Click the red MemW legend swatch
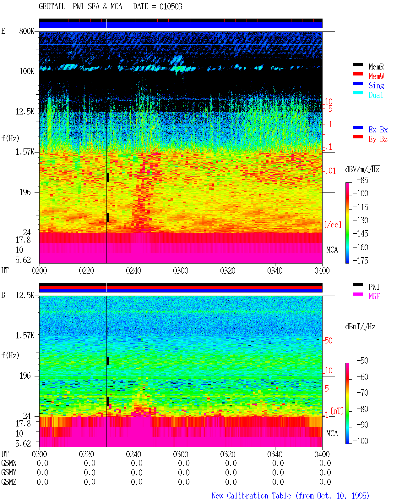(358, 74)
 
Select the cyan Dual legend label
(376, 95)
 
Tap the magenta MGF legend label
(374, 296)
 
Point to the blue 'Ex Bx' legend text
(378, 130)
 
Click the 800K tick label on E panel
(27, 31)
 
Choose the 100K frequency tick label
(27, 71)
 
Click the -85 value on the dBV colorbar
(362, 180)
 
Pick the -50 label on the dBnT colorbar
(362, 361)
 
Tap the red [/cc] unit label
(333, 225)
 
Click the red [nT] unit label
(337, 410)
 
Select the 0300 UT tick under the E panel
(181, 270)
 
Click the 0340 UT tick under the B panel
(275, 454)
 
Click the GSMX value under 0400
(325, 463)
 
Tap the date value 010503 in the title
(171, 7)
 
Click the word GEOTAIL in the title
(52, 7)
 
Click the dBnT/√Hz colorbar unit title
(360, 326)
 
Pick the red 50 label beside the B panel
(329, 341)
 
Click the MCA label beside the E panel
(332, 250)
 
